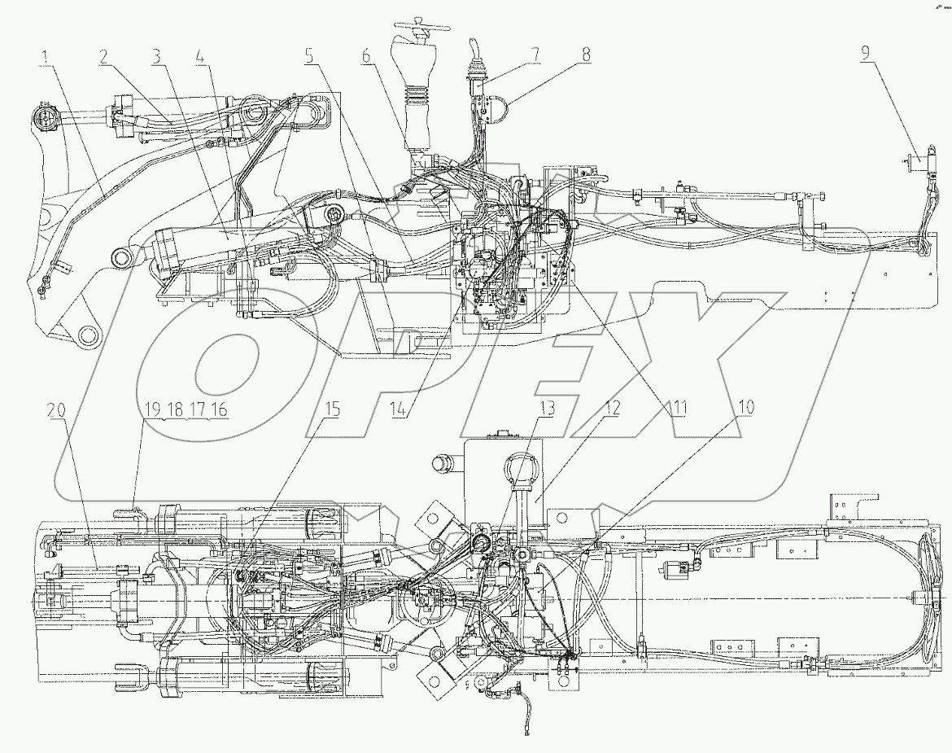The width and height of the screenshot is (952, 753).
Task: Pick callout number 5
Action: (x=309, y=57)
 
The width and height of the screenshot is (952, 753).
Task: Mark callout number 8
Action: (x=587, y=57)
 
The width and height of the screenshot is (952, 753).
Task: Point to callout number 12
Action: (x=610, y=407)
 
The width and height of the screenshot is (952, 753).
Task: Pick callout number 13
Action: (x=548, y=407)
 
